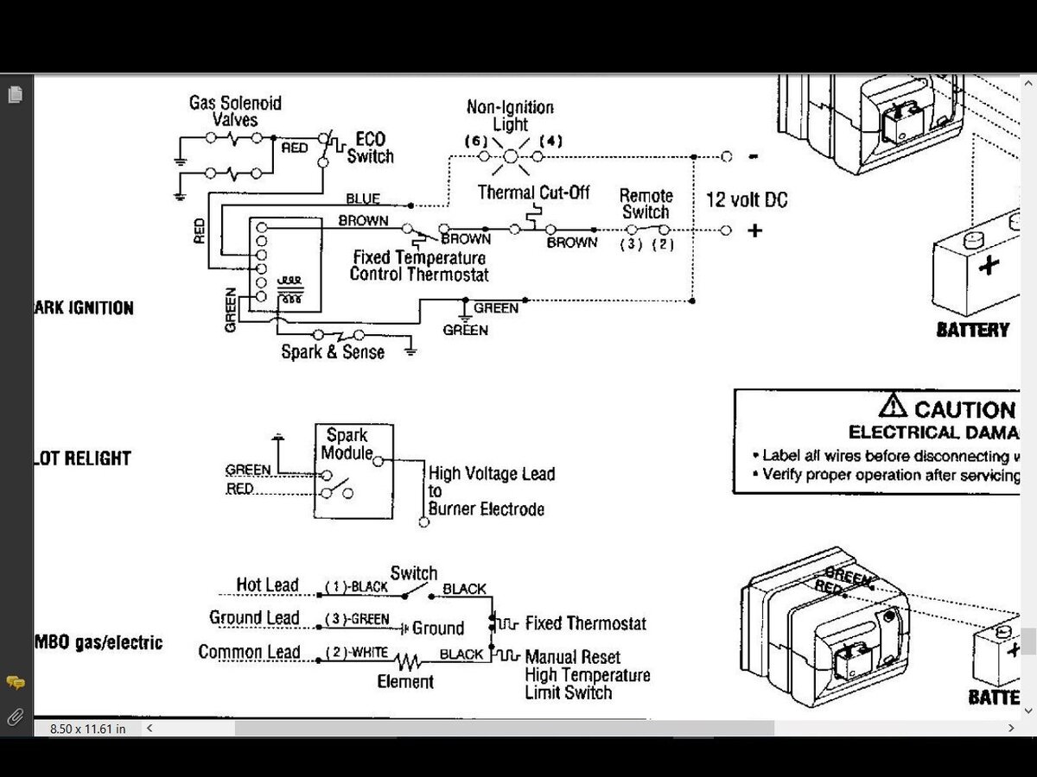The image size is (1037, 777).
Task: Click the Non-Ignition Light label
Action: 510,116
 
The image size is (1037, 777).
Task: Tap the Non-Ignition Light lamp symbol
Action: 510,156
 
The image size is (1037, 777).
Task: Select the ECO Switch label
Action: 371,148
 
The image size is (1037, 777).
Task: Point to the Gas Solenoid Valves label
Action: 235,111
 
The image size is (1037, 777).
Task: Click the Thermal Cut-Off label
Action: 533,193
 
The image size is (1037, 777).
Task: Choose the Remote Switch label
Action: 646,204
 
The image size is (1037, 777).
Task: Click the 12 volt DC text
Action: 747,200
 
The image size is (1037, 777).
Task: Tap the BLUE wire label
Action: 363,199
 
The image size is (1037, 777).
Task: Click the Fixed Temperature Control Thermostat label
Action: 419,266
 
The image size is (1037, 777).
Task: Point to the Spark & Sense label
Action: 333,352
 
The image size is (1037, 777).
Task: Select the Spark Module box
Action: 353,471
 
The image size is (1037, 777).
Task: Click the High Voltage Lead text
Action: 492,474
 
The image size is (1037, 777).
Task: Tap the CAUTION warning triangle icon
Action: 893,405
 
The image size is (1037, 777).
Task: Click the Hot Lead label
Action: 267,585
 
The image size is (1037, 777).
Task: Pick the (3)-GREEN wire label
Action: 357,620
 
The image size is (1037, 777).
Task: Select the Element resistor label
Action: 405,682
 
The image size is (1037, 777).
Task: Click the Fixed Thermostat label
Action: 585,623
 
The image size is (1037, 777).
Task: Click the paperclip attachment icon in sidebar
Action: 15,717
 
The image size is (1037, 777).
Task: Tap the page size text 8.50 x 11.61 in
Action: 87,729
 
